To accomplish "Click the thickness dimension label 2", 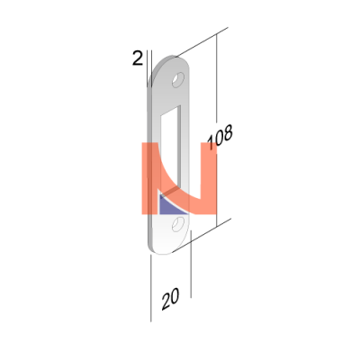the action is [138, 58].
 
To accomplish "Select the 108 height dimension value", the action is [220, 137].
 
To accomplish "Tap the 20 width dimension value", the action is [170, 299].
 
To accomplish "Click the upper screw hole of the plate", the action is [178, 80].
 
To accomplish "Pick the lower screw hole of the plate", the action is [178, 224].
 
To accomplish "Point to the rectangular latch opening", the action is [170, 150].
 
